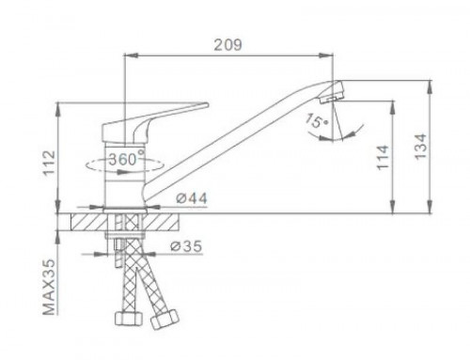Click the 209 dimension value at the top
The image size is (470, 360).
point(227,45)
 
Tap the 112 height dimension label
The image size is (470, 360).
point(50,163)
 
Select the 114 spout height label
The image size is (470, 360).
point(383,158)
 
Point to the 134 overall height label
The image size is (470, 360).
point(420,147)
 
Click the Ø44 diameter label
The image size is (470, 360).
point(192,198)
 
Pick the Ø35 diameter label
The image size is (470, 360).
point(186,246)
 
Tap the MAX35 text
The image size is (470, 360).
point(49,287)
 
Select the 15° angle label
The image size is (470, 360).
point(317,120)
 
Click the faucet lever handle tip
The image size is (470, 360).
point(206,104)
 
